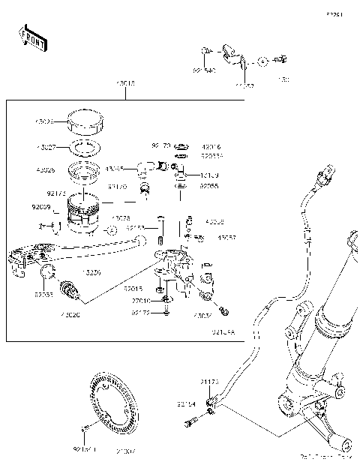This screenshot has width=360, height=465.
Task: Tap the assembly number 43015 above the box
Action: pos(124,85)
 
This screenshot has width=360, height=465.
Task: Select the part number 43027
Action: pos(45,147)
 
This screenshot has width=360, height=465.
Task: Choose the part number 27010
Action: pos(140,300)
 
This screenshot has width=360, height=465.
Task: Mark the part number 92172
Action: pos(140,312)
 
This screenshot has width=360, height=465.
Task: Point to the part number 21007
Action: pos(126,450)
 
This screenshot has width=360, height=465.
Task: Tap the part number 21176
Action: pos(209,382)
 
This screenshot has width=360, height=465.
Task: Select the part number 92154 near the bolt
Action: pos(187,403)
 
